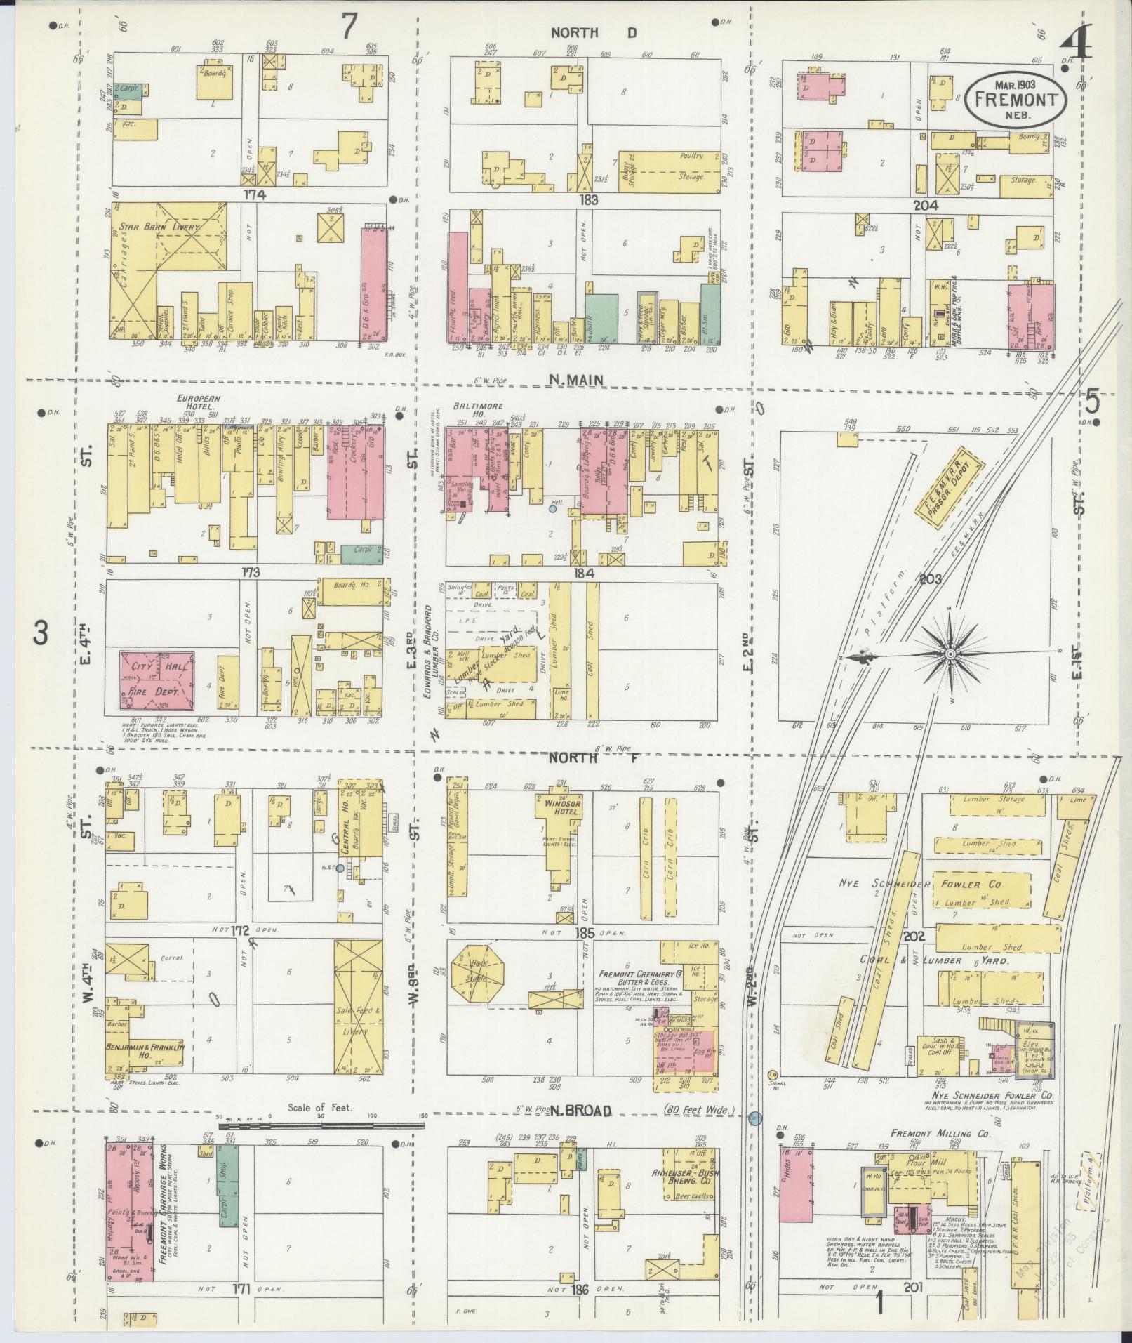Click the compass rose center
[950, 654]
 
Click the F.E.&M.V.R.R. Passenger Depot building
[949, 489]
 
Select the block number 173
[251, 573]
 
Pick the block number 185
[585, 934]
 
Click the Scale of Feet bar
[320, 1125]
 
